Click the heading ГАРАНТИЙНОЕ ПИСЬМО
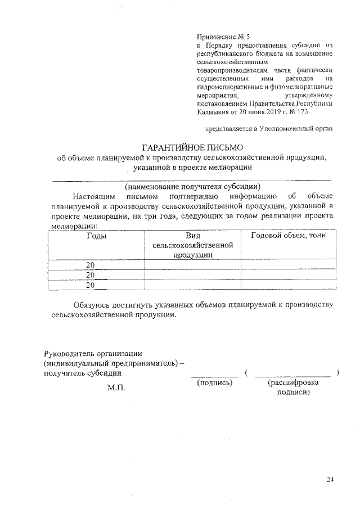[192, 147]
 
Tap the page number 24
[330, 479]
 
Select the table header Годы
[97, 236]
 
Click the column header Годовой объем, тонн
[288, 236]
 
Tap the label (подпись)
[214, 382]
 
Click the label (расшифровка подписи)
[292, 388]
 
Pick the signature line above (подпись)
[211, 376]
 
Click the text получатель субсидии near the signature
[82, 373]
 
